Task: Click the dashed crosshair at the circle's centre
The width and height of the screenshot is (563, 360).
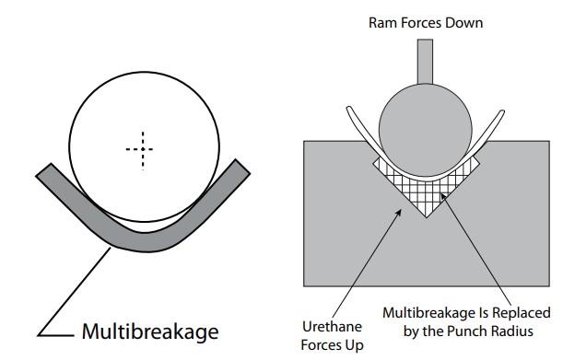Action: pos(138,149)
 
